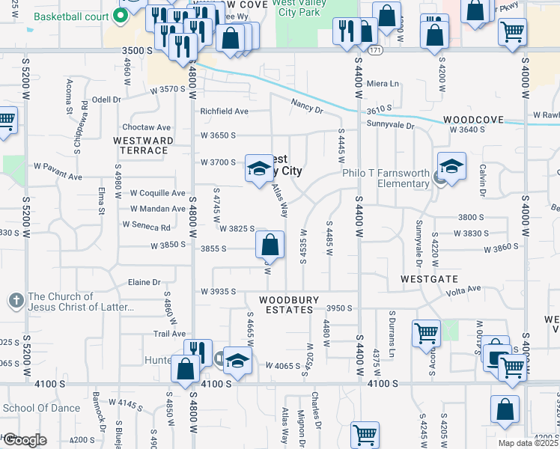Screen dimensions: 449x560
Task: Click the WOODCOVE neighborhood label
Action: (x=470, y=120)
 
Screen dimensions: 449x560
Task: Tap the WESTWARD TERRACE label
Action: (x=143, y=145)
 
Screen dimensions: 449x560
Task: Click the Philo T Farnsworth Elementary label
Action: (x=386, y=178)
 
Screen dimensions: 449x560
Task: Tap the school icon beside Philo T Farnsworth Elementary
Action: (x=451, y=170)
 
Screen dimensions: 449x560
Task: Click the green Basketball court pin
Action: (x=118, y=16)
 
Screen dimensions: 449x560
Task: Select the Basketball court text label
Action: (x=72, y=16)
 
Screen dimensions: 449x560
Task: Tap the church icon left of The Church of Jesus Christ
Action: (x=17, y=302)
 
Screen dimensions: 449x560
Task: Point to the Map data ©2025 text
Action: (x=529, y=444)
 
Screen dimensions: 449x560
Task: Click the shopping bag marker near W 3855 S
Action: (x=270, y=245)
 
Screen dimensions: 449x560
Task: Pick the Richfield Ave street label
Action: (x=224, y=112)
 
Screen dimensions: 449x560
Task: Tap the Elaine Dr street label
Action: (x=145, y=282)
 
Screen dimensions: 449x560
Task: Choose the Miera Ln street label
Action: (x=383, y=83)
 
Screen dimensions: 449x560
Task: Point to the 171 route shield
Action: (x=375, y=50)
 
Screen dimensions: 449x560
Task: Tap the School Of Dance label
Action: (x=41, y=408)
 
